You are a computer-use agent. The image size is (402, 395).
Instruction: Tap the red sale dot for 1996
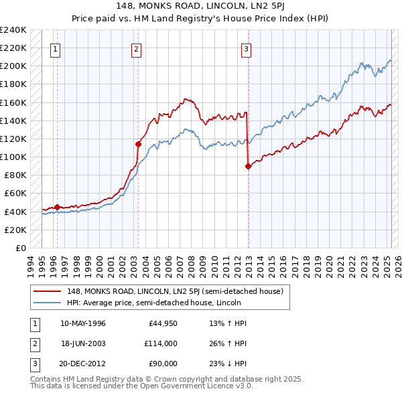[57, 207]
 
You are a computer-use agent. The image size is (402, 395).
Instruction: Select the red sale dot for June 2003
[138, 144]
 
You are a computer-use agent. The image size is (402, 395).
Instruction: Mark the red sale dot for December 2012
[248, 166]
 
